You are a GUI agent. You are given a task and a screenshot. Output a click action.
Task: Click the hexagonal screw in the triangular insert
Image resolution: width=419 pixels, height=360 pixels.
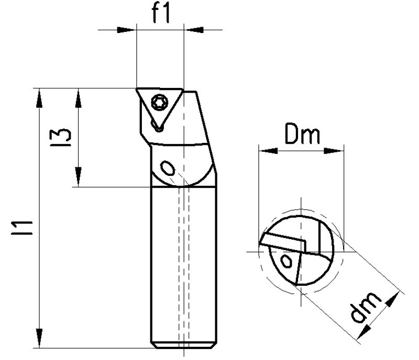tap(159, 103)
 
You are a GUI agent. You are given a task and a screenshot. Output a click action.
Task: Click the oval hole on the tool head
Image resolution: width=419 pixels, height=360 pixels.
tap(168, 168)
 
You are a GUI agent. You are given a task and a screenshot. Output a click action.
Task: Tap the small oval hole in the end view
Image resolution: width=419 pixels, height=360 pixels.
tap(286, 260)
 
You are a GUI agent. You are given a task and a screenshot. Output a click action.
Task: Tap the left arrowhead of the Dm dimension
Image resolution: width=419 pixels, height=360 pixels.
tap(268, 151)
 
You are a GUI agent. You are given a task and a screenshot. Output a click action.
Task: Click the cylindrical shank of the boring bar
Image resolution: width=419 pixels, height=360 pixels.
tap(184, 262)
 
